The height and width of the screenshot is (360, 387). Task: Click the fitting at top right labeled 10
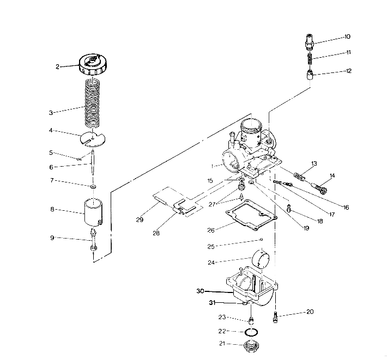(x=309, y=41)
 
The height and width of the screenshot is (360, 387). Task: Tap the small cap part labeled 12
(x=309, y=74)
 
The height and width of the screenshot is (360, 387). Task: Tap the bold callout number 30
(x=201, y=291)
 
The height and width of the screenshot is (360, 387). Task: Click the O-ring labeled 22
(x=251, y=332)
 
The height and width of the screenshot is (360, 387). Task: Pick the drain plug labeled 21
(x=251, y=345)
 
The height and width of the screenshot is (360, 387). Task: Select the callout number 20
(x=310, y=313)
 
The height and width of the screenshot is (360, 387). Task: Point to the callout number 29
(x=140, y=219)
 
